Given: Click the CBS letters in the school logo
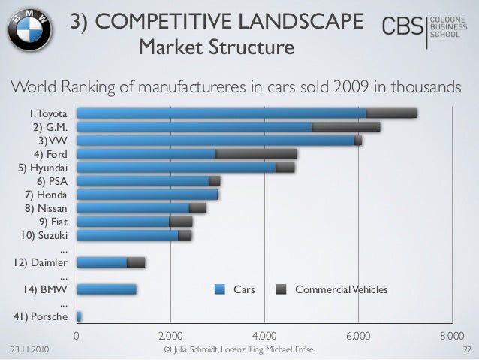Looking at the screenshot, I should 402,28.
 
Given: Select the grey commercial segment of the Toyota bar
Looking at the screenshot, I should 391,113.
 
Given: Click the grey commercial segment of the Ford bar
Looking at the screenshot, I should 256,154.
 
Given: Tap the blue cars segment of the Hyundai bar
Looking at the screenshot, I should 176,168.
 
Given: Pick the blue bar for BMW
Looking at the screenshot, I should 107,289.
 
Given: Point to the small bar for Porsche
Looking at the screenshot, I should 79,316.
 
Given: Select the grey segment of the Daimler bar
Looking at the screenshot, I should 136,262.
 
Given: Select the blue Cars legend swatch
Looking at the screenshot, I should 221,289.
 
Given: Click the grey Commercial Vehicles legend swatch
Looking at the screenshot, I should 282,289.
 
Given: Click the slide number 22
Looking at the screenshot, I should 466,350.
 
